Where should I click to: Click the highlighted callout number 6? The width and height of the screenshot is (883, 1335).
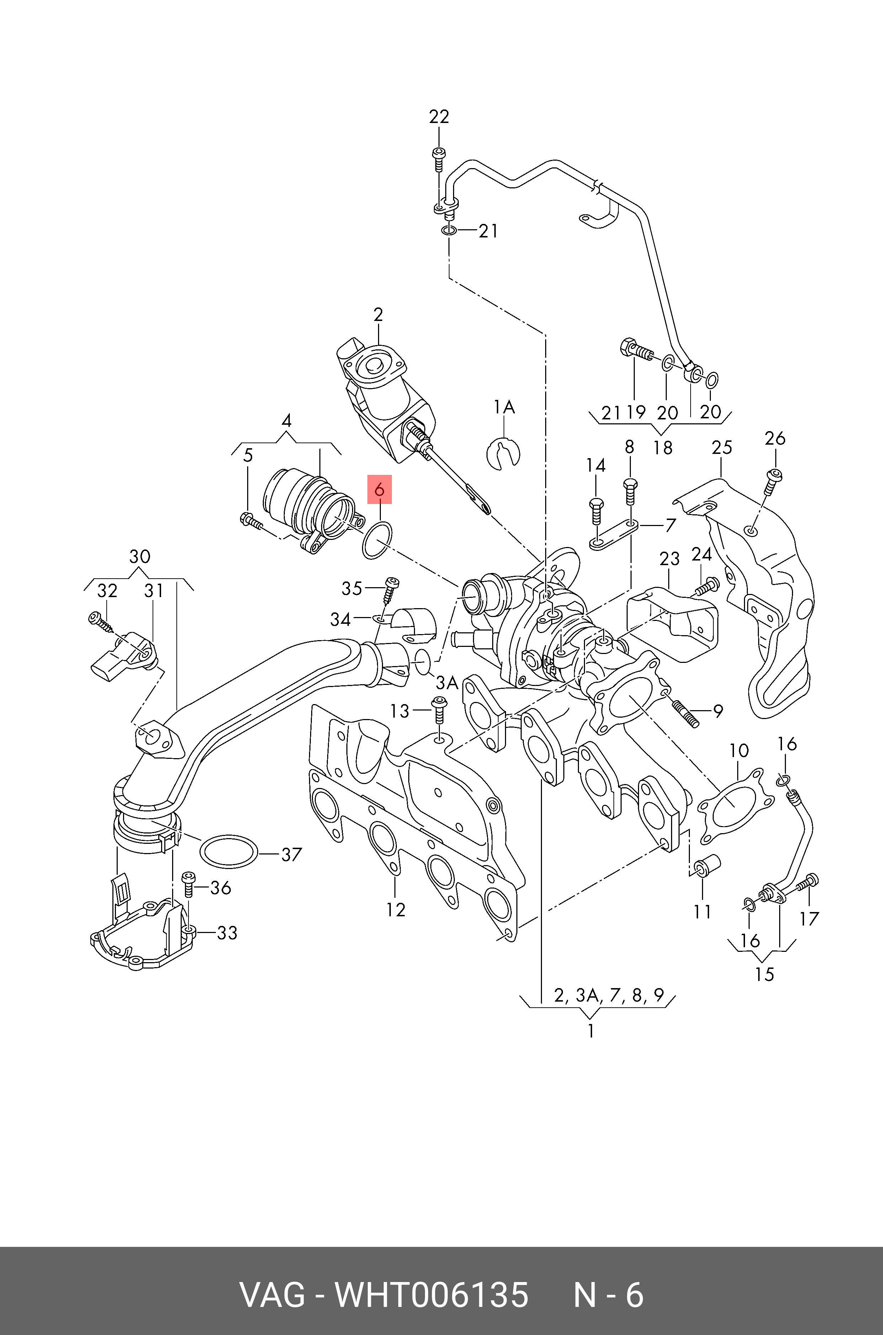click(379, 490)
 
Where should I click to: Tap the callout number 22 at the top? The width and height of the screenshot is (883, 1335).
click(439, 117)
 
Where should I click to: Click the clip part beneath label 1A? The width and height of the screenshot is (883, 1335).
click(503, 452)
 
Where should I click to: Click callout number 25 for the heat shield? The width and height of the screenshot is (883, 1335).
click(722, 448)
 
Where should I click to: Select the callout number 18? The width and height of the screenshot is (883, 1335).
click(663, 448)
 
